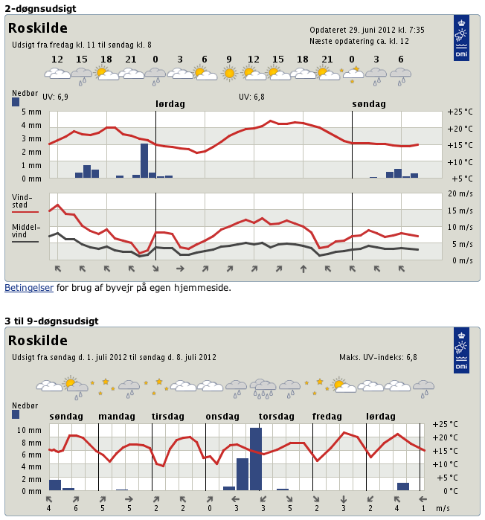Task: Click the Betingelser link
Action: [x=29, y=287]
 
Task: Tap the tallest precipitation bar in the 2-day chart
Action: [x=144, y=160]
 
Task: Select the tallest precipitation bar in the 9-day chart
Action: [x=256, y=459]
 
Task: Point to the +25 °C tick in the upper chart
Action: [x=460, y=112]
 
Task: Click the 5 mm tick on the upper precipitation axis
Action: [x=31, y=112]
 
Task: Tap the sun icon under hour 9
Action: [x=229, y=73]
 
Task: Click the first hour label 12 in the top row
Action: [x=57, y=60]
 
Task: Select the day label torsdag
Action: [x=276, y=416]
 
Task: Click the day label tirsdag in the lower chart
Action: [x=168, y=416]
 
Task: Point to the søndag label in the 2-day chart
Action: [x=369, y=104]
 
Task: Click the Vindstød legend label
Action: [x=22, y=201]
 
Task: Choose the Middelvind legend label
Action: [x=25, y=231]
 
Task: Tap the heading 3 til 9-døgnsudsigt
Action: [x=51, y=321]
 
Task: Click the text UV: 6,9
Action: [x=55, y=97]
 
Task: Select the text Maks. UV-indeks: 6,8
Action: [x=378, y=357]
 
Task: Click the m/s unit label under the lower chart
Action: [x=443, y=508]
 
